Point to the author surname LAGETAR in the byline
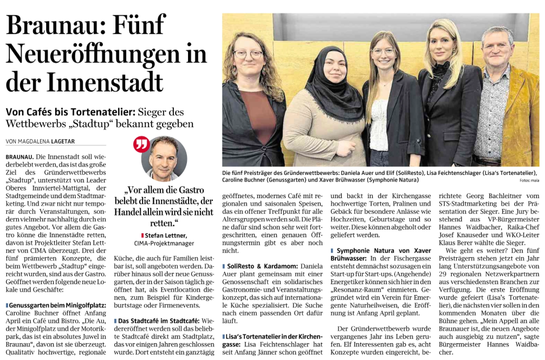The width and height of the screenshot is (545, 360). click(x=64, y=142)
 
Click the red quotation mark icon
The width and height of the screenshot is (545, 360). click(x=141, y=145)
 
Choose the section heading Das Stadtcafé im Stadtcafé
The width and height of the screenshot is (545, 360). click(x=160, y=321)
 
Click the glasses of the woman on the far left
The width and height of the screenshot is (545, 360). click(x=248, y=54)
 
